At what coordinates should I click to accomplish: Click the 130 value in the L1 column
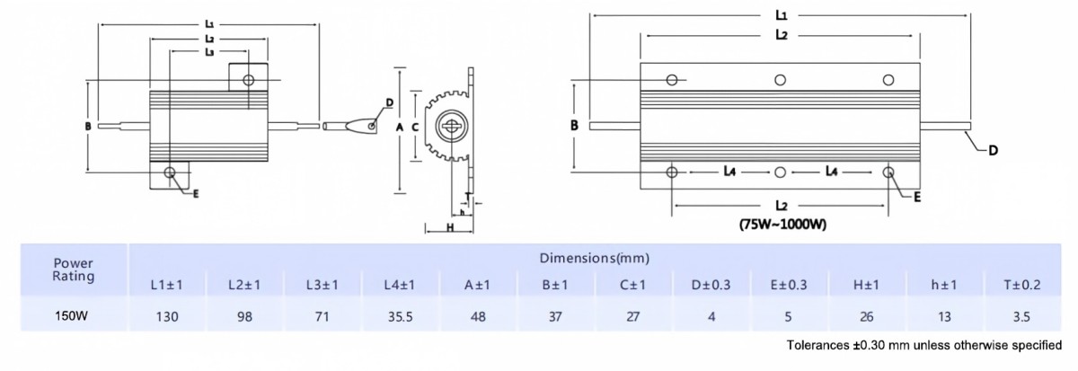coord(167,316)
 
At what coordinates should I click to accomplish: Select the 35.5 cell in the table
coord(401,316)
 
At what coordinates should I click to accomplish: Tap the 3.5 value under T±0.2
coord(1021,316)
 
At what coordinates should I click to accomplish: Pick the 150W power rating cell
coord(71,316)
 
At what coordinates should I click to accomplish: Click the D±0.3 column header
coord(711,285)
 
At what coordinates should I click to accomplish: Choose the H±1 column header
coord(866,285)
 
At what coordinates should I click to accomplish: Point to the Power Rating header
coord(73,269)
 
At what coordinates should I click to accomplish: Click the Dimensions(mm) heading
coord(595,259)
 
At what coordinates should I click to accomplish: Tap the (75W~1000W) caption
coord(782,225)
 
